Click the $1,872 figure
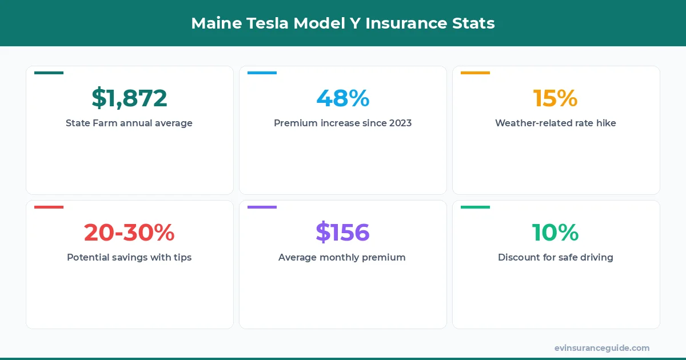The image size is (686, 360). tap(129, 98)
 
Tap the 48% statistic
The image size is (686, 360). tap(342, 98)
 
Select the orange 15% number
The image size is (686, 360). tap(555, 98)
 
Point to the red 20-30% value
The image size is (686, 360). tap(129, 233)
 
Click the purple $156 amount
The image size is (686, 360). tap(342, 233)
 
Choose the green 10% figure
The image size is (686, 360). tap(555, 233)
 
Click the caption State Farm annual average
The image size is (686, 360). tap(129, 123)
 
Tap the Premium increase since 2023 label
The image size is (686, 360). tap(342, 123)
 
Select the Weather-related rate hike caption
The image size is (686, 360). tap(555, 123)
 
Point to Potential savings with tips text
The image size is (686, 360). tap(129, 257)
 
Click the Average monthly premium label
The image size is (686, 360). tap(342, 257)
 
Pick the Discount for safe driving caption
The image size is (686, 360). tap(555, 257)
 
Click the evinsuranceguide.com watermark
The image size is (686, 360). tap(601, 348)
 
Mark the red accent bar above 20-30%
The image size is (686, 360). tap(49, 207)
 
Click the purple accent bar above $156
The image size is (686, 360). tap(262, 207)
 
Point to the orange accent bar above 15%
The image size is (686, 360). tap(475, 73)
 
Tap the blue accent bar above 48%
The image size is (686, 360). tap(262, 73)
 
